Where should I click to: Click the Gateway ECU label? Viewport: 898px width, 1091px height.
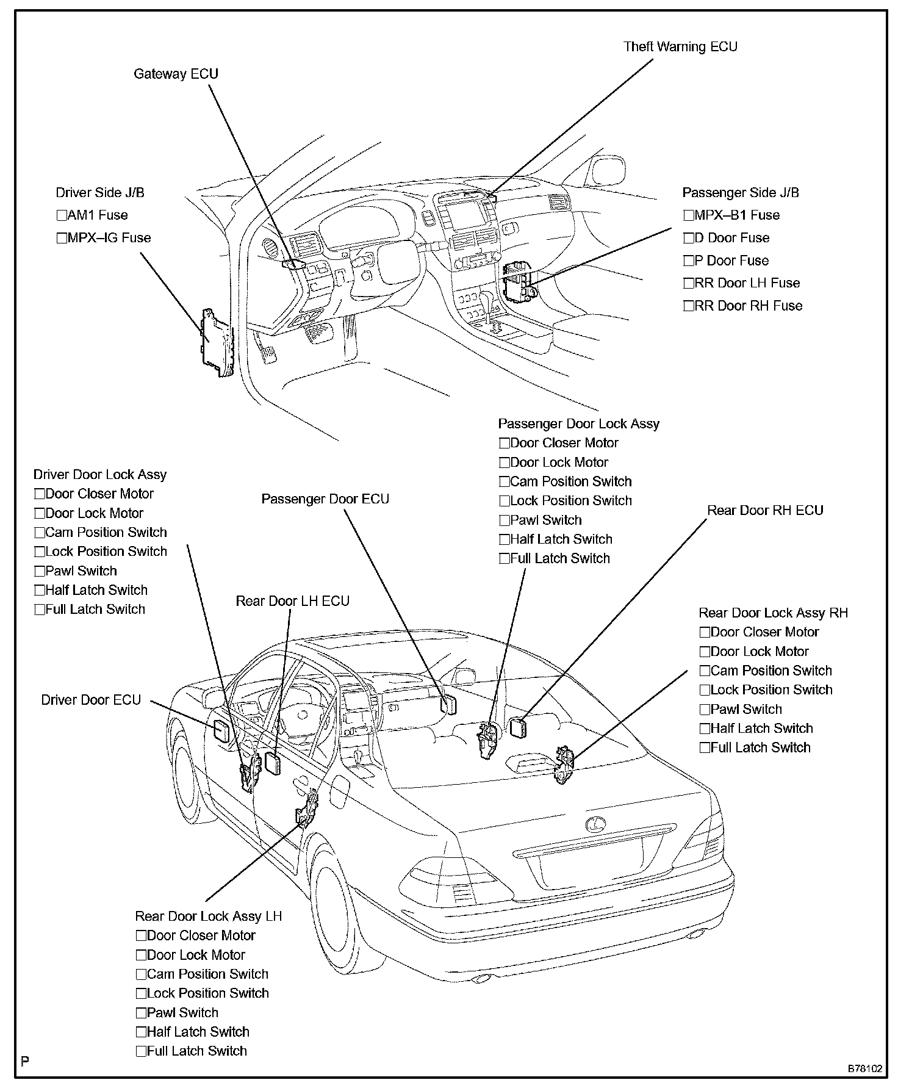(x=176, y=74)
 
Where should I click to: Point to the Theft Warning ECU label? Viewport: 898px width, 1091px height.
(x=680, y=47)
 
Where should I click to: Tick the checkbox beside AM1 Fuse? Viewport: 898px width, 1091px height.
(x=61, y=215)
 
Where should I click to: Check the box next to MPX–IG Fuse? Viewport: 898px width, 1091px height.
(x=61, y=238)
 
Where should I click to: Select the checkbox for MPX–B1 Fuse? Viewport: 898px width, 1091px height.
(x=689, y=215)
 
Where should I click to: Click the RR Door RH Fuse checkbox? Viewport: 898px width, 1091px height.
(x=689, y=306)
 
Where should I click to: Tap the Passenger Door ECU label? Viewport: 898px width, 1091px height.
(x=325, y=499)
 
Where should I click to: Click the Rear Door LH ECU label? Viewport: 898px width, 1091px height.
(x=293, y=601)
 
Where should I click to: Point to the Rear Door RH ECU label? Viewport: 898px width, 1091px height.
(x=765, y=510)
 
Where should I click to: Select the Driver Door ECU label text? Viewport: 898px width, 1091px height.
(x=91, y=700)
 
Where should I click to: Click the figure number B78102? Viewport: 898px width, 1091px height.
(x=864, y=1069)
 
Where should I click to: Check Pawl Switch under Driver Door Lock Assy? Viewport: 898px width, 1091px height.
(x=40, y=572)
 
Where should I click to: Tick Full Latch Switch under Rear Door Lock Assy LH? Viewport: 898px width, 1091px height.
(x=141, y=1051)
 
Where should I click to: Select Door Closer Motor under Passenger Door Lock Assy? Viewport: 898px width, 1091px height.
(x=504, y=444)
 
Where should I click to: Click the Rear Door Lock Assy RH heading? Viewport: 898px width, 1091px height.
(x=773, y=613)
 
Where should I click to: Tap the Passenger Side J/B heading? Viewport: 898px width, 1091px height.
(x=741, y=193)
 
